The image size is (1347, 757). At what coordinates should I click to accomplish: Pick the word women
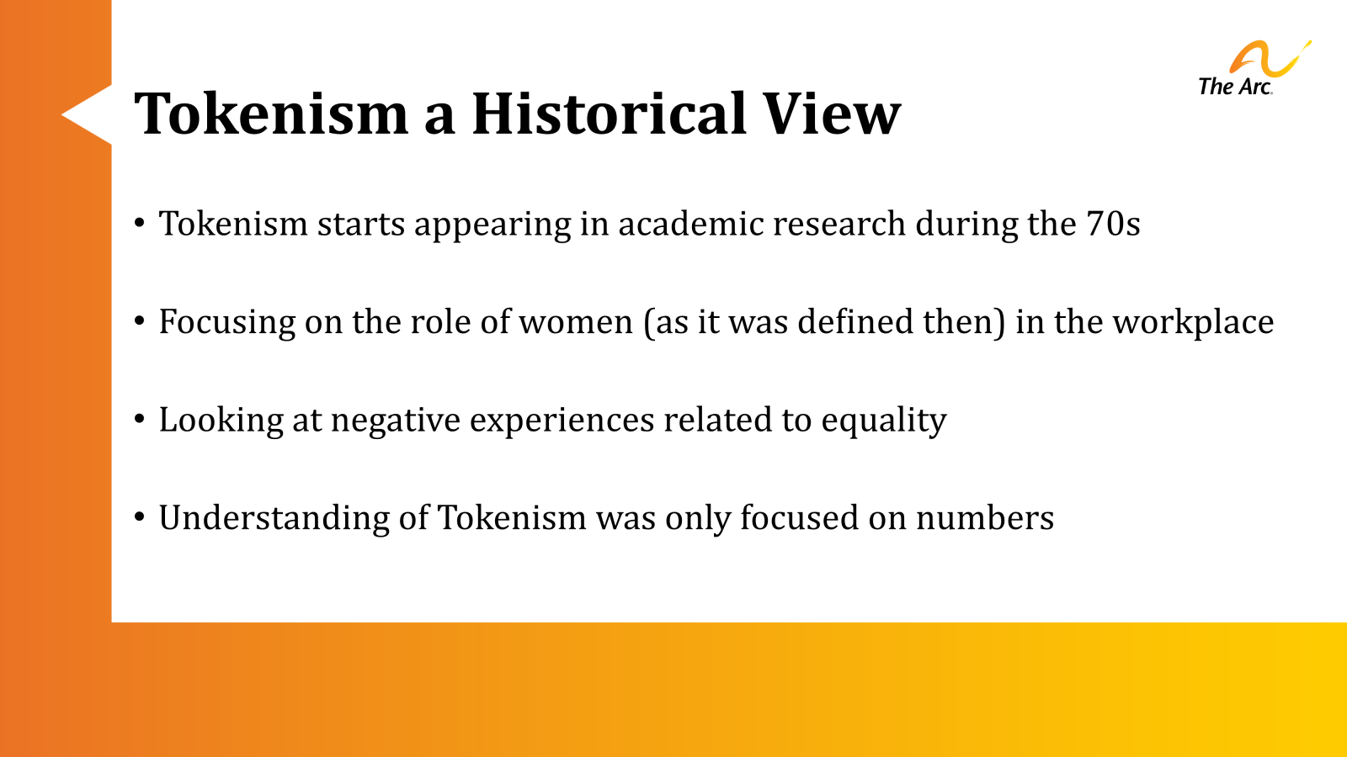point(576,322)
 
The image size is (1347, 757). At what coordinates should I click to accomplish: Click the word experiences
point(562,420)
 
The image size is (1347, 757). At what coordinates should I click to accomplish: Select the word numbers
point(984,518)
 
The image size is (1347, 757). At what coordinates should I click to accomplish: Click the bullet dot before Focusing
point(140,321)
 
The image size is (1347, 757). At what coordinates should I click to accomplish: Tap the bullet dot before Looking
point(140,419)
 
